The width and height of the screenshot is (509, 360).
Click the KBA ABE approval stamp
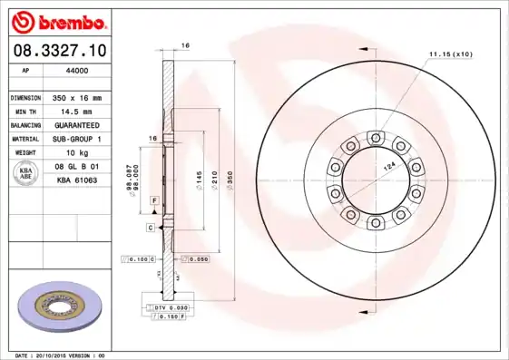coord(27,175)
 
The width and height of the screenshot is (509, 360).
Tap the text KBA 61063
coord(77,181)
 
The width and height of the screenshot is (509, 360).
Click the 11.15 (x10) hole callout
coord(451,54)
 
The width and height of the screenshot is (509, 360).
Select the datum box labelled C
coord(150,228)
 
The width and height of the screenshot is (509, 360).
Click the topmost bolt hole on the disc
coord(373,137)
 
